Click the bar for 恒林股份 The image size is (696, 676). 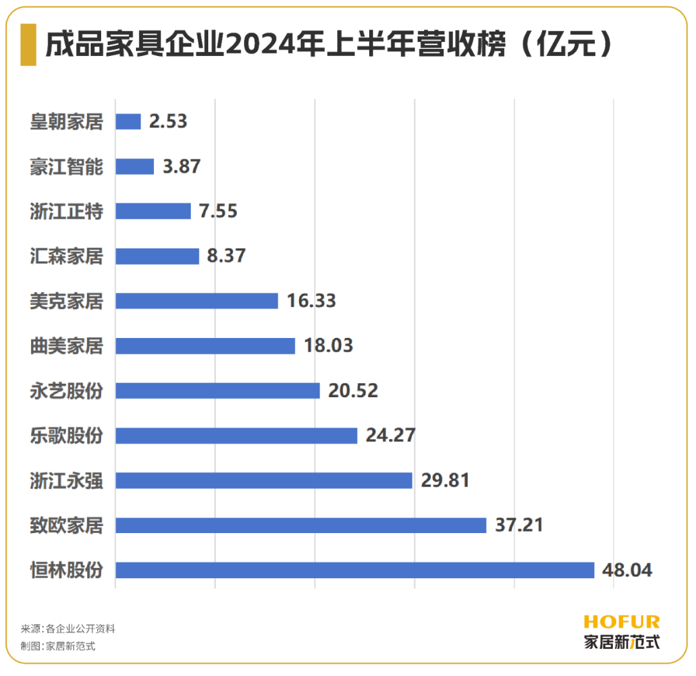pos(354,570)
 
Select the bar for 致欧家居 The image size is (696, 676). pos(300,525)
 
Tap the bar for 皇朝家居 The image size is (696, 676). pos(128,122)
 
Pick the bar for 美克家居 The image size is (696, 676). pos(197,301)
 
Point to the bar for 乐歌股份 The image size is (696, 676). pos(236,436)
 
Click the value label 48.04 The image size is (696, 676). pos(626,570)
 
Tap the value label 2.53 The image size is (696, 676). pos(168,122)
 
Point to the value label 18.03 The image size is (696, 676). pos(328,346)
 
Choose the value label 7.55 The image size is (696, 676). pos(218,211)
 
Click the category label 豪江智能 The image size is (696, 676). pos(66,167)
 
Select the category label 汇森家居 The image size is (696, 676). pos(66,256)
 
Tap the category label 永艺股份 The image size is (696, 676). pos(66,391)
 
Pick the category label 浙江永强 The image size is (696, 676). pos(66,481)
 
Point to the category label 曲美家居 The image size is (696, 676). pos(66,346)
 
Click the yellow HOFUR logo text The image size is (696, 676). pos(622,622)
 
